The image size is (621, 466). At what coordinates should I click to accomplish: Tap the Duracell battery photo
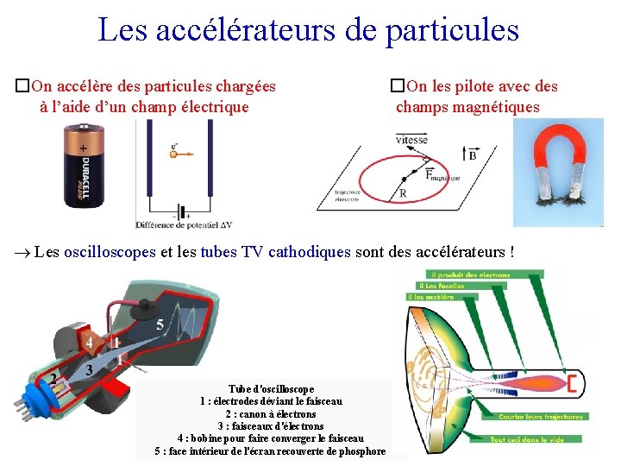tap(84, 166)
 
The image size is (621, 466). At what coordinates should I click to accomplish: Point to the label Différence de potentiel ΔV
tap(184, 225)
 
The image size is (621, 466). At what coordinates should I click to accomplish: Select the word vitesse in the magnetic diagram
tap(411, 140)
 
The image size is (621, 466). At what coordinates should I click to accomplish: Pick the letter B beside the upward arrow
tap(472, 155)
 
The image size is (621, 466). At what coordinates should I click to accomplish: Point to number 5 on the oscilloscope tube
tap(160, 325)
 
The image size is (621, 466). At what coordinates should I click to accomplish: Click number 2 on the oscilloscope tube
tap(53, 378)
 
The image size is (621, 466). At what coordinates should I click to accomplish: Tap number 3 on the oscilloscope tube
tap(90, 368)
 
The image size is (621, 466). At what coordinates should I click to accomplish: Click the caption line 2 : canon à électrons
tap(271, 414)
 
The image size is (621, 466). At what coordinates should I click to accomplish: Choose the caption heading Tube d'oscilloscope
tap(271, 389)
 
